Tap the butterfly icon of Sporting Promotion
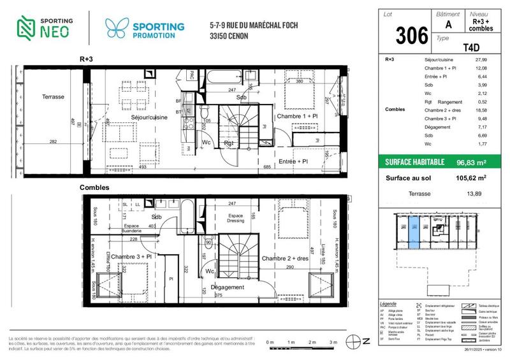[116, 27]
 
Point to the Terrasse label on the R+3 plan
[54, 97]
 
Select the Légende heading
[388, 303]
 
